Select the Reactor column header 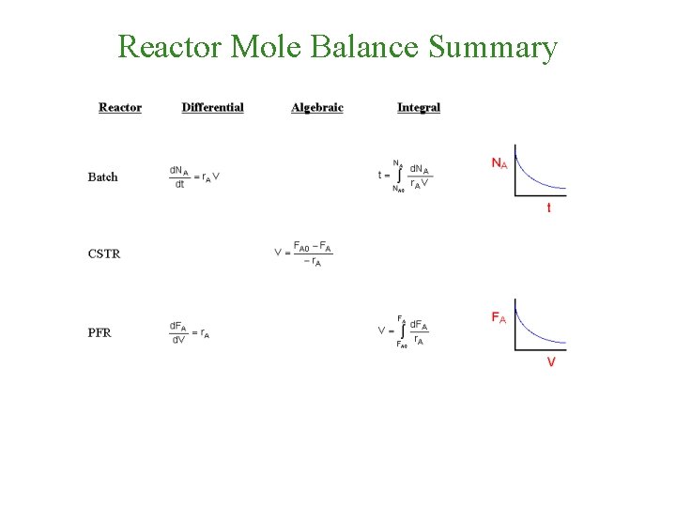pyautogui.click(x=120, y=107)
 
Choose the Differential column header pyautogui.click(x=212, y=107)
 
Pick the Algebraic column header pyautogui.click(x=317, y=107)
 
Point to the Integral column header pyautogui.click(x=419, y=107)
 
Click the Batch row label pyautogui.click(x=102, y=177)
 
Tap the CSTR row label pyautogui.click(x=103, y=253)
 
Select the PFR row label pyautogui.click(x=100, y=331)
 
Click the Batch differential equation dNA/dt pyautogui.click(x=194, y=177)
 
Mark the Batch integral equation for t pyautogui.click(x=405, y=176)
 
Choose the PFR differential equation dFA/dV pyautogui.click(x=189, y=331)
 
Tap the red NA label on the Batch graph pyautogui.click(x=499, y=162)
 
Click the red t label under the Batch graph pyautogui.click(x=549, y=207)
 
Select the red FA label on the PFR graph pyautogui.click(x=499, y=317)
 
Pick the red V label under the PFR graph pyautogui.click(x=550, y=361)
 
